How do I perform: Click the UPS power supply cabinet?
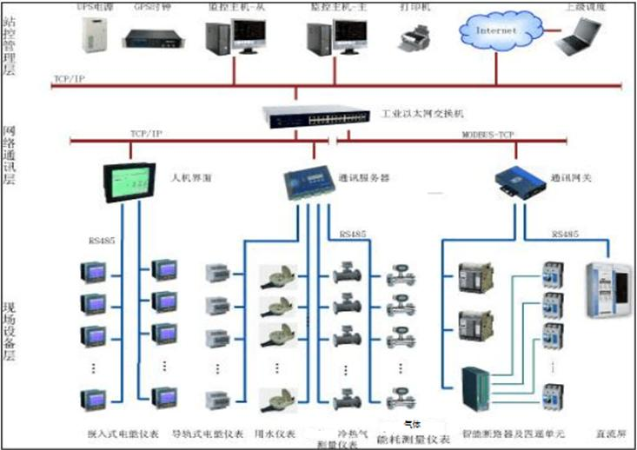pos(90,34)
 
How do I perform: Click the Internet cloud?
pos(494,31)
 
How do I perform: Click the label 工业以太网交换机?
pos(424,113)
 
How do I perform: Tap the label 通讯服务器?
pos(364,177)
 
